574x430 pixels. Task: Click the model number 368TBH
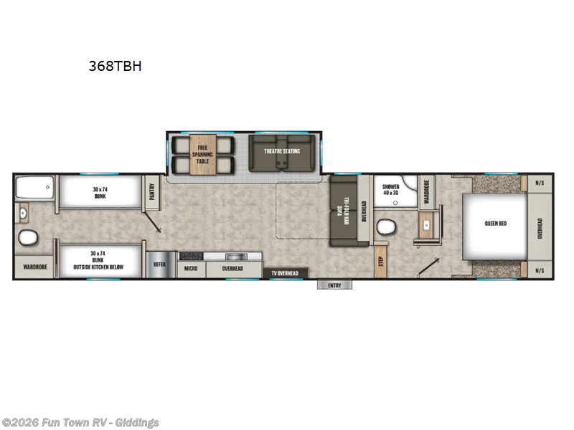pos(115,67)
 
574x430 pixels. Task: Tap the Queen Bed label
pos(495,224)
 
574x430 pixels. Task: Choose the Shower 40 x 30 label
pos(390,188)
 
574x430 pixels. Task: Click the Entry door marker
pos(335,285)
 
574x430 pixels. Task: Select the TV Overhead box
pos(285,273)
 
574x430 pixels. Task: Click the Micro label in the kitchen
pos(190,269)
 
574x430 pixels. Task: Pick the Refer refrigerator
pos(159,264)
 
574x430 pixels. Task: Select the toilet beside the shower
pos(386,227)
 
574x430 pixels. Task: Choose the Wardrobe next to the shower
pos(425,192)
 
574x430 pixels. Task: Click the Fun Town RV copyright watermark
pos(80,423)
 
